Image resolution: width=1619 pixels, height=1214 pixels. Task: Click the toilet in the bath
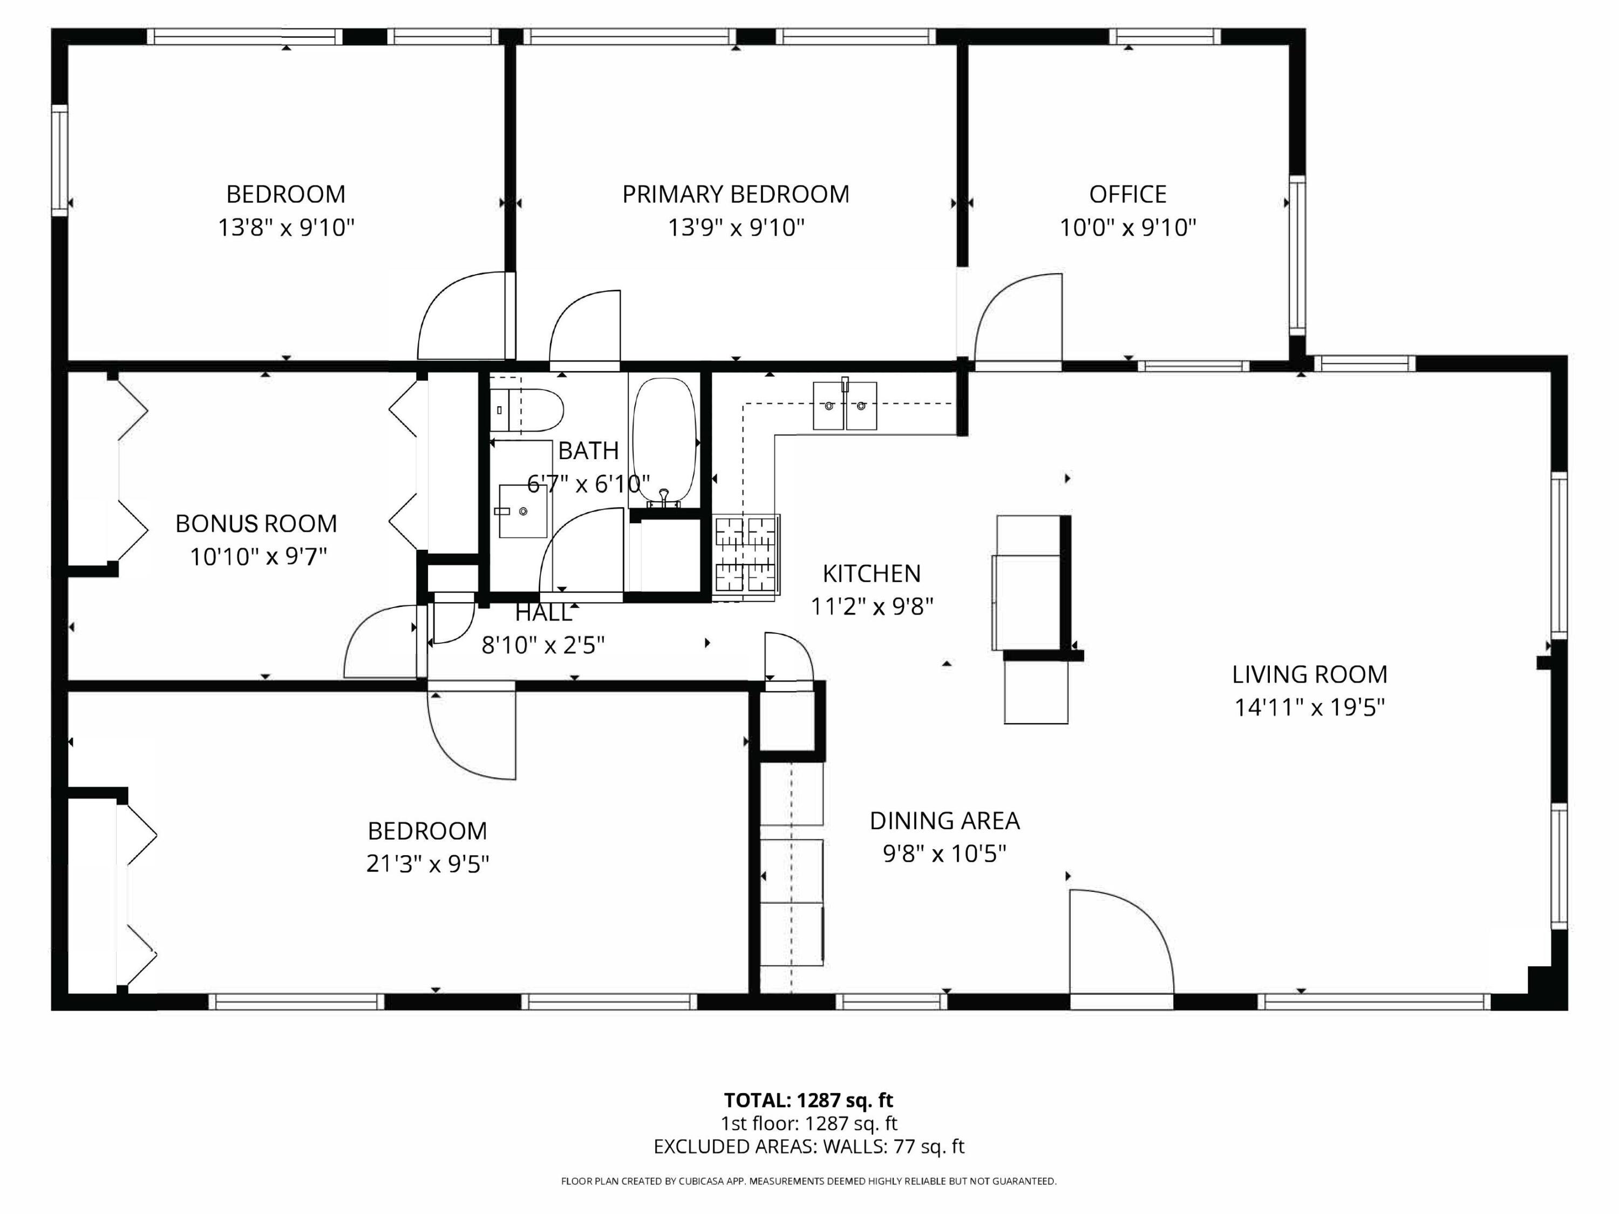click(x=527, y=411)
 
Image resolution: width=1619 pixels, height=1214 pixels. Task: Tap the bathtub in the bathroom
click(x=664, y=442)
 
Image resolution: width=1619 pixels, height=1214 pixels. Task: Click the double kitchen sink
click(x=845, y=405)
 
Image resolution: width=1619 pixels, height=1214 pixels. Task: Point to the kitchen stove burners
click(x=746, y=554)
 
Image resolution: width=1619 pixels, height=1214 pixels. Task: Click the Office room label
click(x=1128, y=194)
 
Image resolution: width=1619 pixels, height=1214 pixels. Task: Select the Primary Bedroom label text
click(x=736, y=194)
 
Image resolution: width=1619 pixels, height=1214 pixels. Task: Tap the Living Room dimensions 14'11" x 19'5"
click(x=1309, y=707)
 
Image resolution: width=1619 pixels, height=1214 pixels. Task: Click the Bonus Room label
click(x=256, y=523)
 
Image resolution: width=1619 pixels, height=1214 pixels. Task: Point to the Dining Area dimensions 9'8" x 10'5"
click(x=944, y=853)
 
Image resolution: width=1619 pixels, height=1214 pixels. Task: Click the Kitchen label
click(x=871, y=573)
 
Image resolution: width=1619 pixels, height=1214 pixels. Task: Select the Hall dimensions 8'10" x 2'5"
click(x=543, y=645)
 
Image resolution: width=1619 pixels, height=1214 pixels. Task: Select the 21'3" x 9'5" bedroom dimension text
click(x=427, y=863)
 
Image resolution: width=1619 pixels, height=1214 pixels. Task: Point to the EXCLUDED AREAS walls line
click(x=809, y=1146)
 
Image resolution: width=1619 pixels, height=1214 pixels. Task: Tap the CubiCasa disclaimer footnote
click(x=809, y=1181)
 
